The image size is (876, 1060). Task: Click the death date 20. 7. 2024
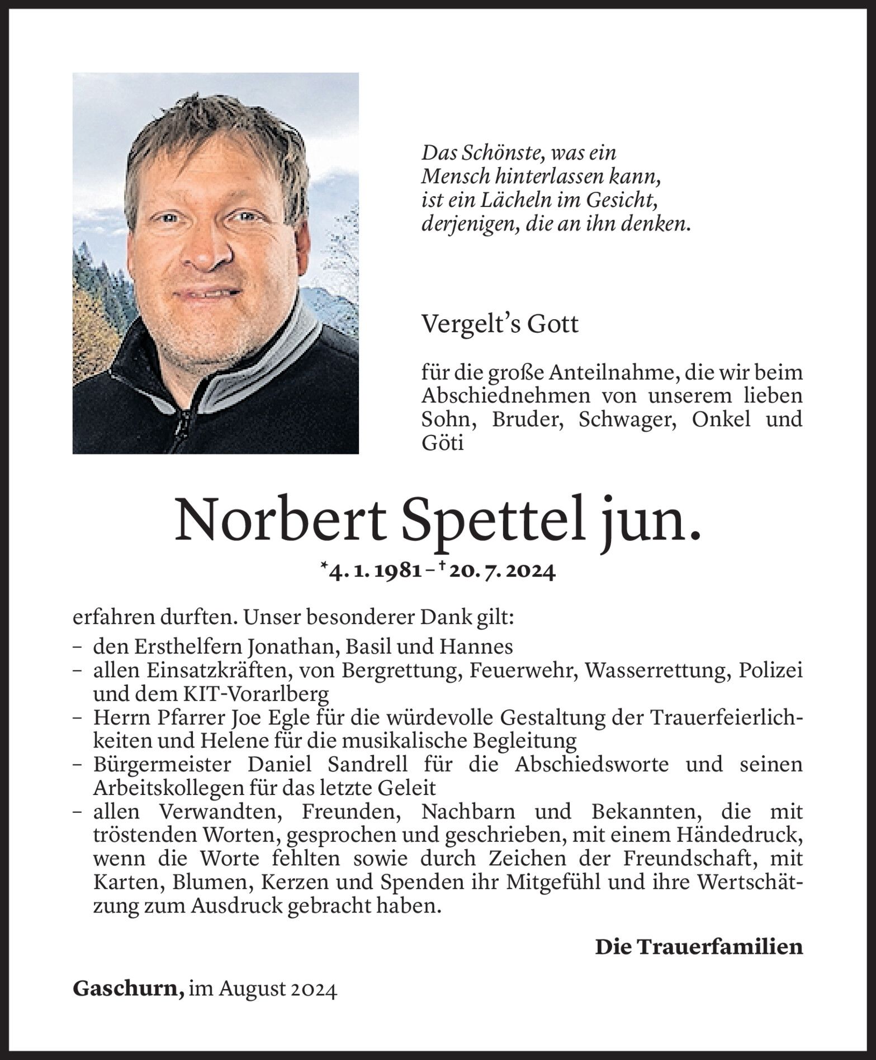coord(505,572)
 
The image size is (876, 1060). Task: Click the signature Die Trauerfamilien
coord(698,947)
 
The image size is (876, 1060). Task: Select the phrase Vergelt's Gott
coord(500,324)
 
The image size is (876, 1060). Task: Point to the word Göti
coord(442,443)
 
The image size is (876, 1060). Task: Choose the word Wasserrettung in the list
coord(657,670)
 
